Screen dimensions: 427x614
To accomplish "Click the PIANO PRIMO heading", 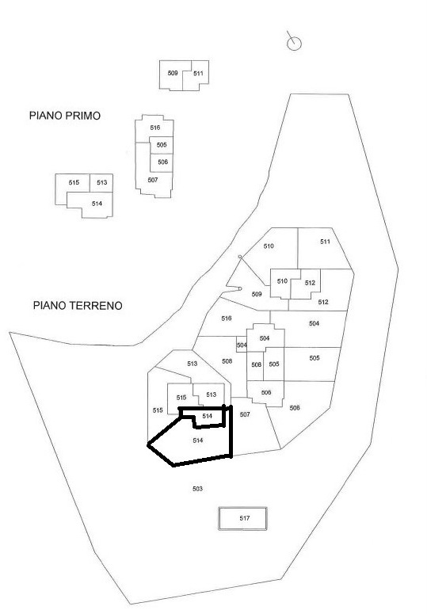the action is coord(65,116).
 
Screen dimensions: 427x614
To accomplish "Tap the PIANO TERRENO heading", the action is coord(78,306).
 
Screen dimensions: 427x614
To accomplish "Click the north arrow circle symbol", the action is coord(295,44).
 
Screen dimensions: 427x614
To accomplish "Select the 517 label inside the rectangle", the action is coord(245,518).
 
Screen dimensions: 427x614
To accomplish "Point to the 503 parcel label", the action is coord(197,489).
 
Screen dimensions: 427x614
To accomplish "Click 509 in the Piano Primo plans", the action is coord(173,73).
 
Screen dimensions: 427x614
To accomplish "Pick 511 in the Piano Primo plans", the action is coord(198,73).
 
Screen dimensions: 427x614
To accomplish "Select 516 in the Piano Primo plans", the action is coord(155,128).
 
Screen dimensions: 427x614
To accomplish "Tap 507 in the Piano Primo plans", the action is coord(153,180).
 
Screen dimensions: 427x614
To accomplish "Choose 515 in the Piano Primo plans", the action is coord(74,182).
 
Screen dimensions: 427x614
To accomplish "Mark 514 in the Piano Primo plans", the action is coord(97,204).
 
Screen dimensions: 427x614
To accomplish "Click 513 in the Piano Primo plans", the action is coord(101,182).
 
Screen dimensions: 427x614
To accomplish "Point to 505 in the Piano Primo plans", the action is coord(162,145).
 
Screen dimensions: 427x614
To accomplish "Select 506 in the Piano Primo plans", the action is coord(163,162).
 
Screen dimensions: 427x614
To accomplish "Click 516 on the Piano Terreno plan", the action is coord(227,318).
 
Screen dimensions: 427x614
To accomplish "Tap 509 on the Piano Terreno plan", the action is coord(257,294).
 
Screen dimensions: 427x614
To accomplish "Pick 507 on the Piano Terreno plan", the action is coord(245,414).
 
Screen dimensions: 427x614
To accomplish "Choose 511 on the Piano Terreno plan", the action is coord(326,242).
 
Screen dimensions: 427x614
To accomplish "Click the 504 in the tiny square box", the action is coord(242,345).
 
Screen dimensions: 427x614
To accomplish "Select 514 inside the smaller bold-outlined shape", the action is coord(207,416).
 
